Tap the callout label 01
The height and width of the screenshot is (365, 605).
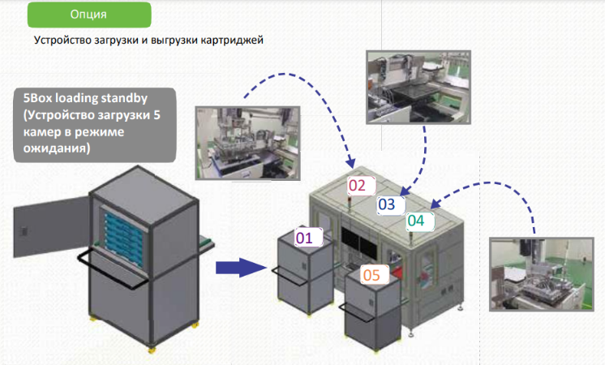coord(305,238)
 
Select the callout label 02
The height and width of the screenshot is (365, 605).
coord(358,186)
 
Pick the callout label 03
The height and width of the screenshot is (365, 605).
coord(388,204)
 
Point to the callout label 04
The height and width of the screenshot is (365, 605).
coord(416,220)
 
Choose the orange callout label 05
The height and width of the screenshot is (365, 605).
coord(371,275)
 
